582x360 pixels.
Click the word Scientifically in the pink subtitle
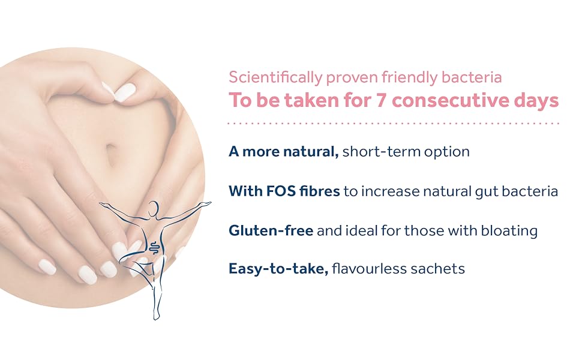click(275, 78)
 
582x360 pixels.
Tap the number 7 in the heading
click(381, 100)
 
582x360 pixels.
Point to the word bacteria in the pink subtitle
click(472, 77)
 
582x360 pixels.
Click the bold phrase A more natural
click(284, 151)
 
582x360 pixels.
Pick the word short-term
click(381, 151)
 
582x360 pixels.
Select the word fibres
click(320, 191)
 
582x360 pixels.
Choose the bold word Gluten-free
click(271, 230)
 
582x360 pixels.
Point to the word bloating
click(509, 231)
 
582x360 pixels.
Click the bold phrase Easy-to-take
click(278, 269)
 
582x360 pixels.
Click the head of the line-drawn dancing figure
click(153, 208)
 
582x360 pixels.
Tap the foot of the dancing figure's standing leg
click(157, 316)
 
